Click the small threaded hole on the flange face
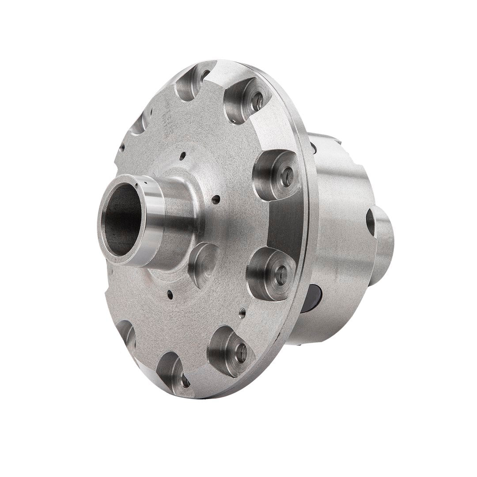click(242, 313)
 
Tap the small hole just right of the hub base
click(215, 200)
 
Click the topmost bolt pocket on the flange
click(193, 81)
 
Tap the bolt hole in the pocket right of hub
click(287, 174)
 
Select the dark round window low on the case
click(315, 298)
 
